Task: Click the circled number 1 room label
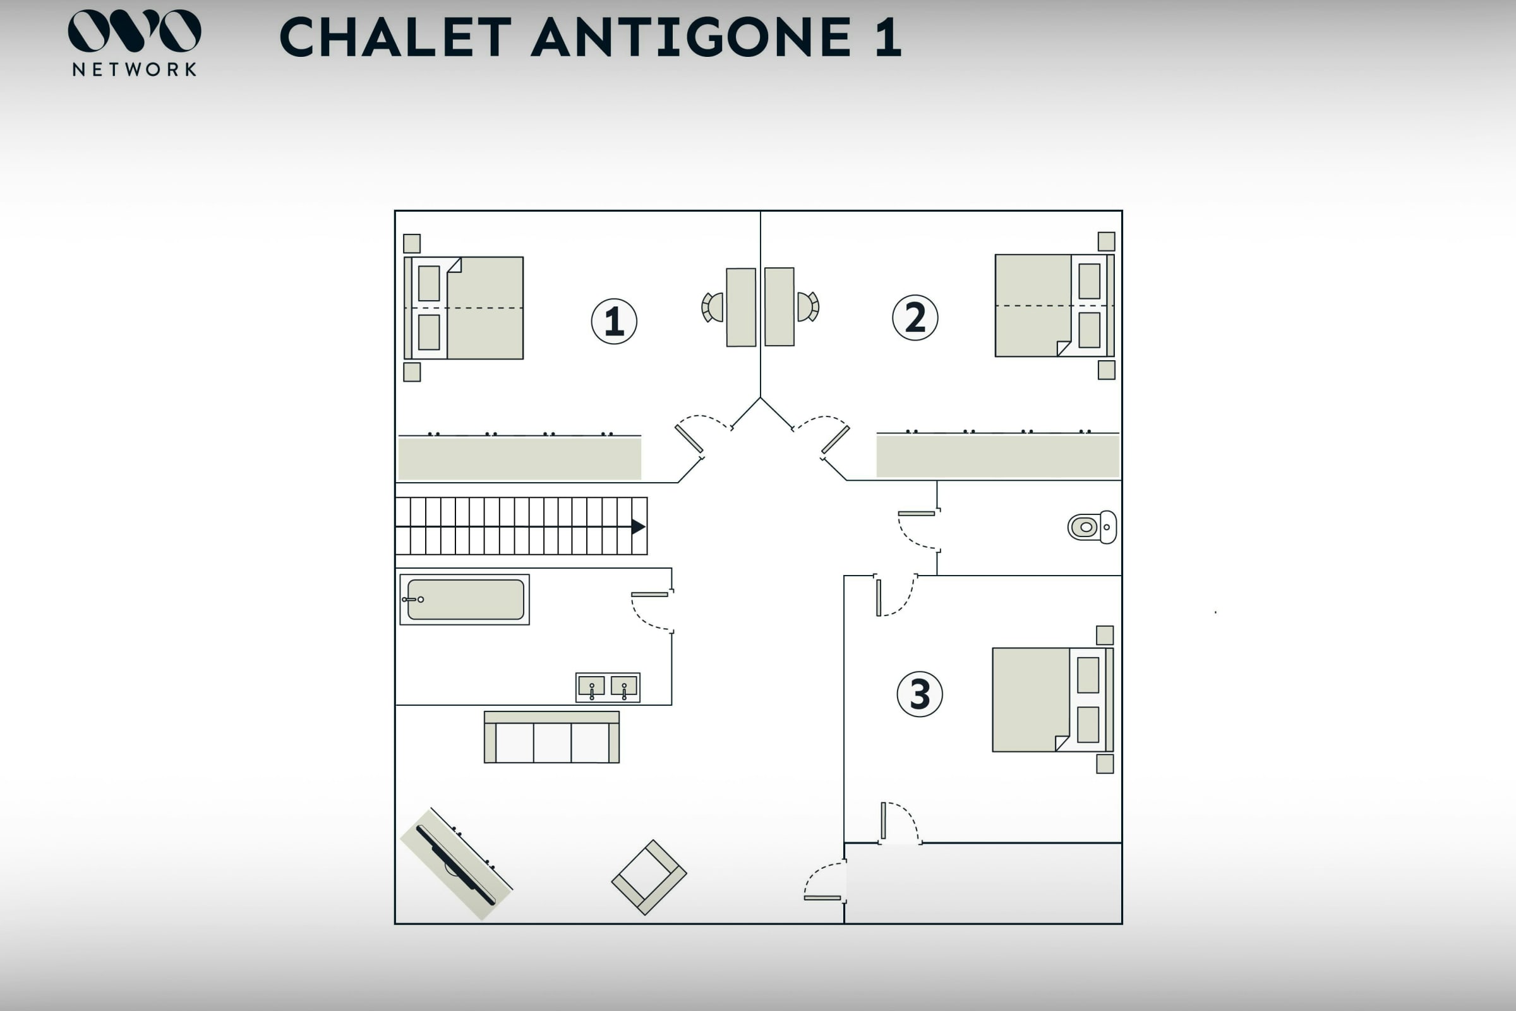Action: (613, 321)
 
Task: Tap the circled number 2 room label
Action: (915, 318)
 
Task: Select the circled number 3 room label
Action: (920, 694)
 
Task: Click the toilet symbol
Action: (1092, 527)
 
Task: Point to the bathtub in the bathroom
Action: (465, 600)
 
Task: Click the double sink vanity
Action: (608, 687)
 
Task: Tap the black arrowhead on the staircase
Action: (638, 526)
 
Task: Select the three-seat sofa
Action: (551, 737)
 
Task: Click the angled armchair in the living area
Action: (649, 877)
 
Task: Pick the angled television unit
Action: (456, 864)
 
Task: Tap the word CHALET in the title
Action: (396, 37)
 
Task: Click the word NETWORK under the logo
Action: (135, 70)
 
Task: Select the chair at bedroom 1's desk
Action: (713, 307)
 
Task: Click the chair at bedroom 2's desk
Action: (809, 307)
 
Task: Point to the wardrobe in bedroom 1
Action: (519, 457)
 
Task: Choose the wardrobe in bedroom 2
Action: (998, 454)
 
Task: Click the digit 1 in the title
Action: (888, 37)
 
